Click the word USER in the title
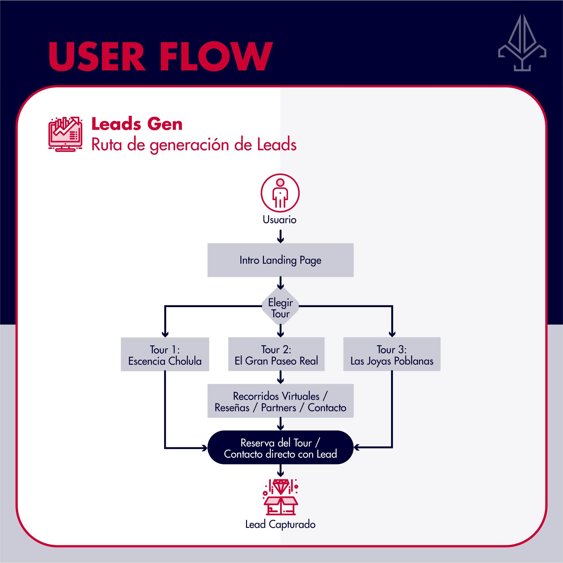tap(97, 56)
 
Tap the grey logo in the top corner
tap(522, 43)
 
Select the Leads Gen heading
tap(137, 124)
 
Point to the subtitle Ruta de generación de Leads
tap(194, 144)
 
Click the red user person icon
tap(280, 193)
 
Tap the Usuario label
tap(280, 220)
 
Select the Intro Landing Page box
tap(280, 260)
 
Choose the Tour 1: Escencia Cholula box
tap(165, 354)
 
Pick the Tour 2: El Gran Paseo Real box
tap(276, 354)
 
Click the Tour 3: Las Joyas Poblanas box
tap(392, 354)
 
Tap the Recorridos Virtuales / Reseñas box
tap(280, 401)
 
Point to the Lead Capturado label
tap(280, 524)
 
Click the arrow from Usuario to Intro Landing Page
tap(280, 236)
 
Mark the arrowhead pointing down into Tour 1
tap(165, 334)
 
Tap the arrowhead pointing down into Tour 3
tap(392, 334)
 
